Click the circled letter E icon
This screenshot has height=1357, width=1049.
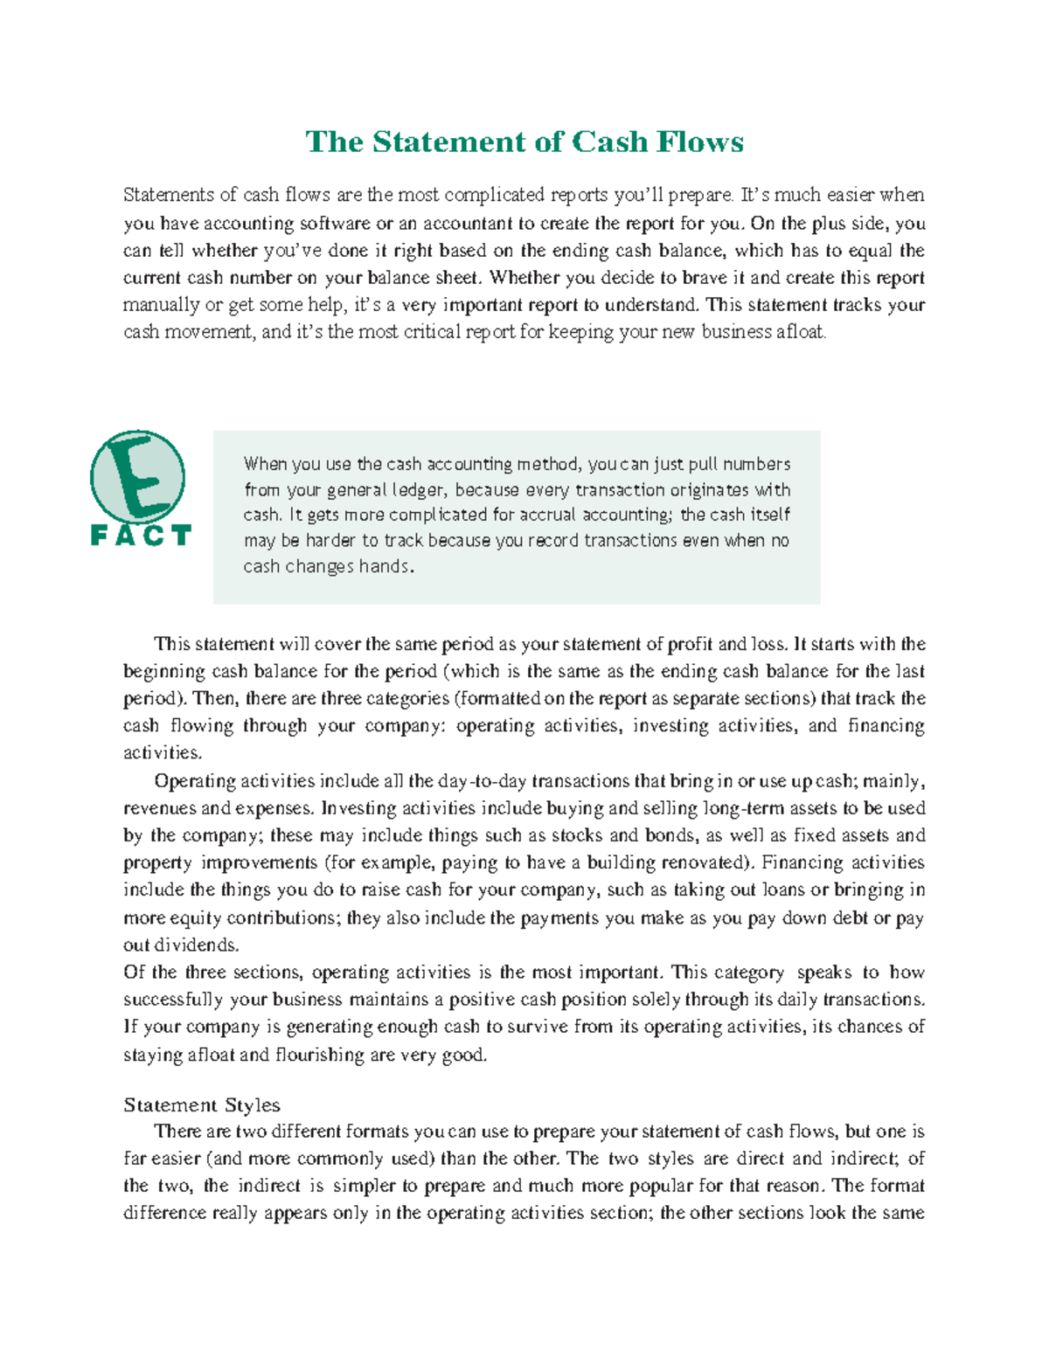pyautogui.click(x=138, y=478)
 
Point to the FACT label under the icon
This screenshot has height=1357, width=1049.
pyautogui.click(x=141, y=536)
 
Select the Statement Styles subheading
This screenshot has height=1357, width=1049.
pyautogui.click(x=202, y=1104)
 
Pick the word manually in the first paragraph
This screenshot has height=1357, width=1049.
pyautogui.click(x=161, y=305)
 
